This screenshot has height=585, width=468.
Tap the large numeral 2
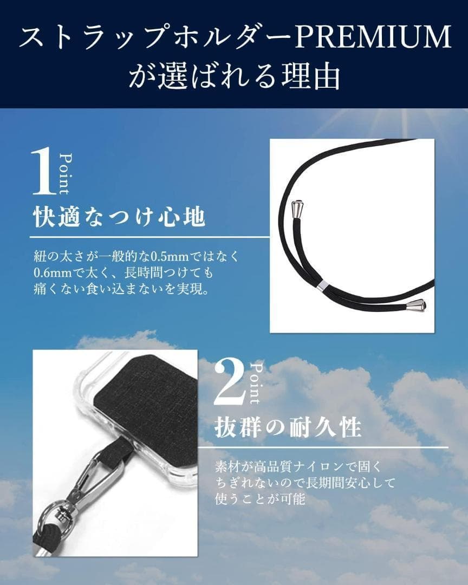230,385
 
